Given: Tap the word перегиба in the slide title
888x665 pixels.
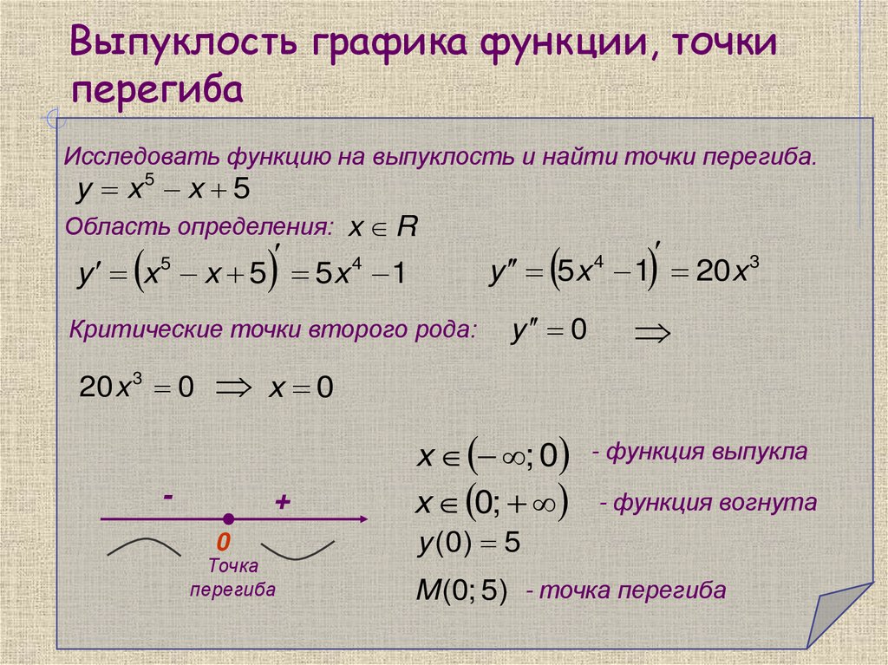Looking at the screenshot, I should (157, 89).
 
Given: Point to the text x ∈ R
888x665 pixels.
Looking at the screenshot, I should (382, 228).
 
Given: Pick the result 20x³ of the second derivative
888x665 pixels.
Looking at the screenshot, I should (728, 271).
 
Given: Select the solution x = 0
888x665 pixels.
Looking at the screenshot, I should (301, 388).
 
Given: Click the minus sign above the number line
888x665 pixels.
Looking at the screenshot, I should (167, 496).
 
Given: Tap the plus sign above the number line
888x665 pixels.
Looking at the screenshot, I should (282, 502).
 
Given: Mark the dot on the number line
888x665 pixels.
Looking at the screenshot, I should (228, 518).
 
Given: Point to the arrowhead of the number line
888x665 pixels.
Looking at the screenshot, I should (363, 519).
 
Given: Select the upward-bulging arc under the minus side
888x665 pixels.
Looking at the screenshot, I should (143, 546).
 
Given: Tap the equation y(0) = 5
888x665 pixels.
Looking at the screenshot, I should (468, 544).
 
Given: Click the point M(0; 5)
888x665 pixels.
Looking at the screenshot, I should (460, 591).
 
